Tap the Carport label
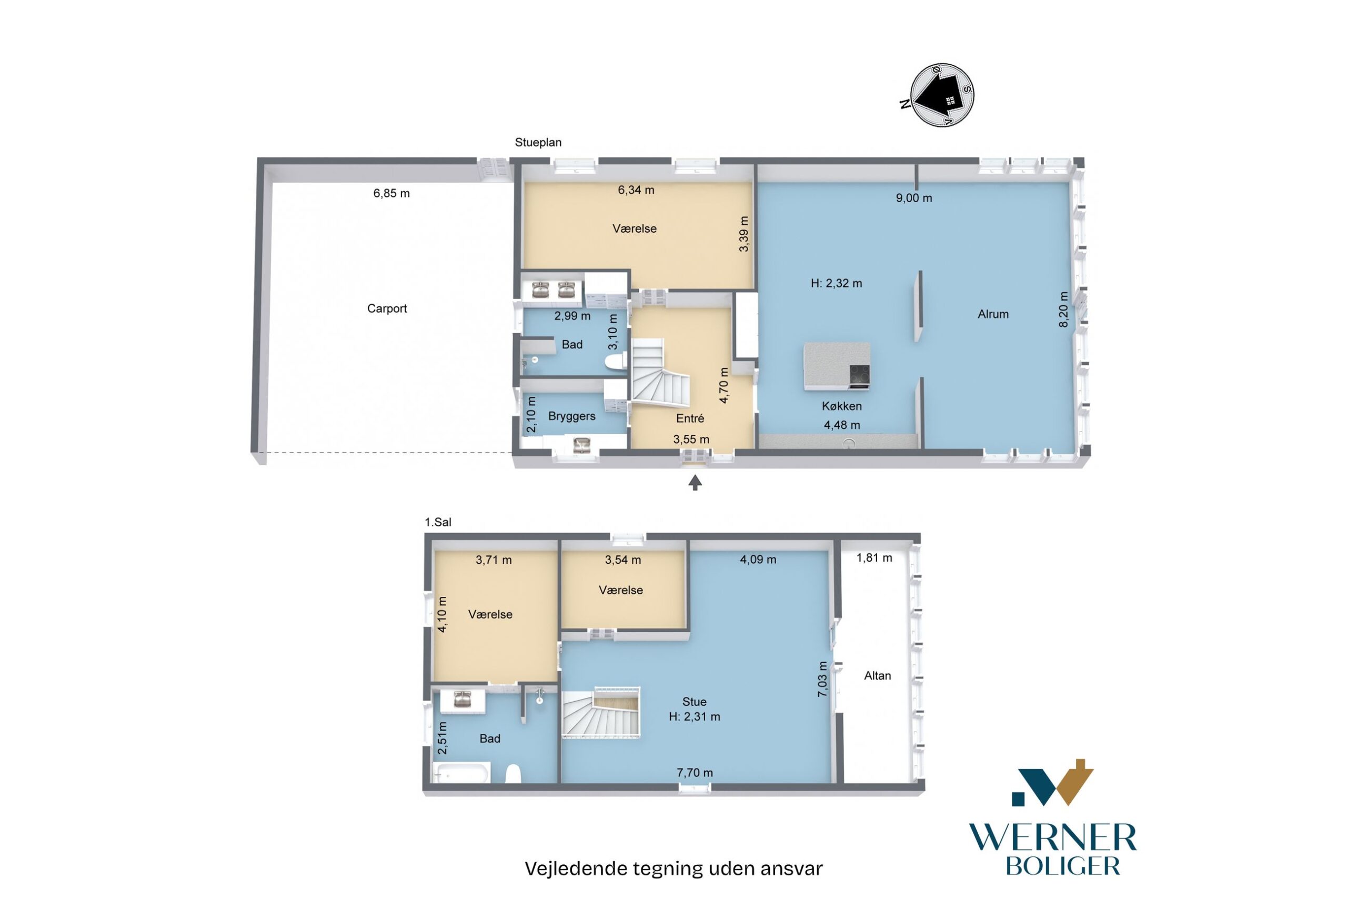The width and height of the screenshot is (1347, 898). click(387, 308)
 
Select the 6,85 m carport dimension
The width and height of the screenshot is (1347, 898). click(391, 193)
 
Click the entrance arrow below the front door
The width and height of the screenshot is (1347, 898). click(695, 483)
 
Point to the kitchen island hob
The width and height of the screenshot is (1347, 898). click(859, 376)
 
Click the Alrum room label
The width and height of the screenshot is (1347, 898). click(993, 314)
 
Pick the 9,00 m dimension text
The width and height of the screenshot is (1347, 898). click(913, 197)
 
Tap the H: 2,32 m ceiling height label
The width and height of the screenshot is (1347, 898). click(837, 283)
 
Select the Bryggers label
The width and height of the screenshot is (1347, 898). click(572, 416)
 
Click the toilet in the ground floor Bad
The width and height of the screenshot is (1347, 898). click(616, 362)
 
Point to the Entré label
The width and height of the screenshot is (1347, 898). click(690, 418)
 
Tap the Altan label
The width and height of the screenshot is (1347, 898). click(878, 676)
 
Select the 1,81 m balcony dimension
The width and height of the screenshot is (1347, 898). click(874, 558)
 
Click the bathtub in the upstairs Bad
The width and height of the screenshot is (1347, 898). click(461, 772)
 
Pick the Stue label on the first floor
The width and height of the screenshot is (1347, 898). click(695, 702)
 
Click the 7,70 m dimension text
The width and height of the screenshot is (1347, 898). click(695, 773)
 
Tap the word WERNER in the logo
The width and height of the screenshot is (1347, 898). click(1052, 839)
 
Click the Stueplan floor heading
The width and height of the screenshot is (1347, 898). click(538, 143)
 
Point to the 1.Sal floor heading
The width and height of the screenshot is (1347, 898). click(438, 522)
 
